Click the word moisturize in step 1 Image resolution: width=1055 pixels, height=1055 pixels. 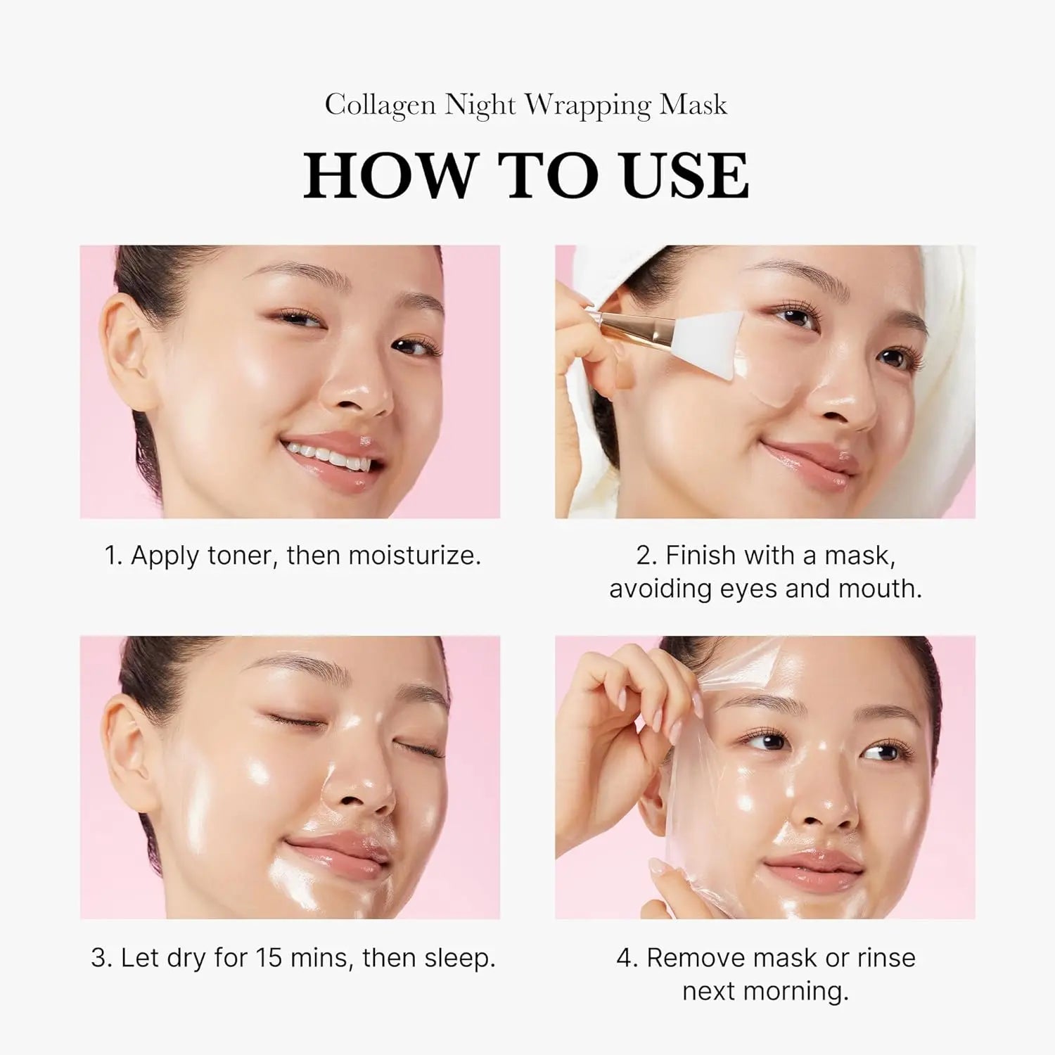coord(414,556)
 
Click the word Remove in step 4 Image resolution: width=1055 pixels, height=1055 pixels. coord(696,958)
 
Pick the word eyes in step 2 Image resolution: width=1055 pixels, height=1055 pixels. coord(749,589)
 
